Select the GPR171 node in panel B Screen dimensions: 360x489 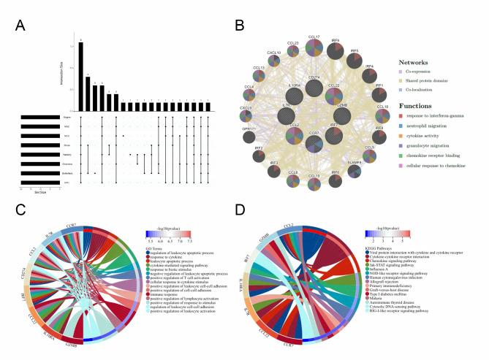point(249,136)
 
